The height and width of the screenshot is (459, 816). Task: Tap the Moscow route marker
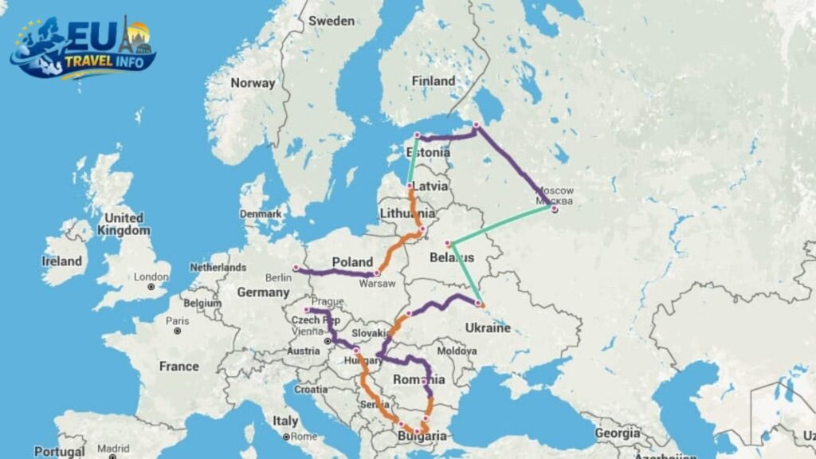click(555, 210)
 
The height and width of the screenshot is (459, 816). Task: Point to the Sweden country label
click(331, 20)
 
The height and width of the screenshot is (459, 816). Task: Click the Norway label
click(253, 83)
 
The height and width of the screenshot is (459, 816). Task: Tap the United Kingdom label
click(124, 224)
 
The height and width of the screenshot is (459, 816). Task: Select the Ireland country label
click(62, 261)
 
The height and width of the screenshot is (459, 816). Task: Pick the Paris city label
click(177, 320)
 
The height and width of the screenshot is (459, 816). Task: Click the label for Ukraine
click(487, 328)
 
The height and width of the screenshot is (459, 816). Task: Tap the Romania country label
click(418, 380)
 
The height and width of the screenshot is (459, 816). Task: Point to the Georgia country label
click(617, 433)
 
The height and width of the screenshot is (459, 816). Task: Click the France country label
click(178, 367)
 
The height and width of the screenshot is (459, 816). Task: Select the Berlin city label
click(278, 277)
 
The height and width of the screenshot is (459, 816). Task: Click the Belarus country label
click(451, 257)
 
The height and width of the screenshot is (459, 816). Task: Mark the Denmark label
click(262, 214)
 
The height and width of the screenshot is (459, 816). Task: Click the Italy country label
click(285, 421)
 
